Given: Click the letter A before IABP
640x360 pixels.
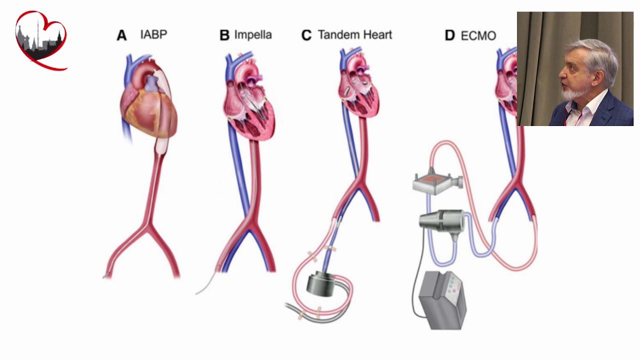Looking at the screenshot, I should (x=121, y=35).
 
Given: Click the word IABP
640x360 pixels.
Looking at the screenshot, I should (x=154, y=34).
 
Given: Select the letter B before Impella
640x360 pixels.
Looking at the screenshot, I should (x=224, y=35).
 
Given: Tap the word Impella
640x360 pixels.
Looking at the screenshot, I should (x=253, y=35).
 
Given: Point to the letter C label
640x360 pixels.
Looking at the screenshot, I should (x=306, y=35).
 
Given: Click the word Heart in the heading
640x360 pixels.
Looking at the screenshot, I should (x=378, y=35).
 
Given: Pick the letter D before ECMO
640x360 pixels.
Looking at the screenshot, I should (x=450, y=36).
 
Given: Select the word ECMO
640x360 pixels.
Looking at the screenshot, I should (x=478, y=36).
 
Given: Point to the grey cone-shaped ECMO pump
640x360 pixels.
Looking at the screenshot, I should (x=440, y=220).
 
